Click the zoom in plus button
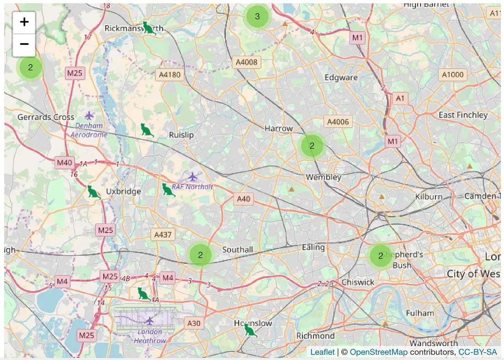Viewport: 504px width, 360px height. (24, 22)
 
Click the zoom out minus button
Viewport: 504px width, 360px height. (24, 44)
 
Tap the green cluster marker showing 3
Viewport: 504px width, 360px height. (257, 16)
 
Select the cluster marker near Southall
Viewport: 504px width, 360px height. (200, 254)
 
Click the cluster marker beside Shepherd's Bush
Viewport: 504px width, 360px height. (380, 256)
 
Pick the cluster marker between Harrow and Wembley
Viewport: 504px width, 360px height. (312, 146)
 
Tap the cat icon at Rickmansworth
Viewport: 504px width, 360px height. (148, 28)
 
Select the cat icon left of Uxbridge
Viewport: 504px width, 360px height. (93, 192)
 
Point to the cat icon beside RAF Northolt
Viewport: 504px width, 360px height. (168, 190)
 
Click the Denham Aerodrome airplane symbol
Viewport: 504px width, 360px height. (89, 115)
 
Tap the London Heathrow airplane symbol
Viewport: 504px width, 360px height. (149, 320)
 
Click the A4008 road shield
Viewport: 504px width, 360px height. (247, 62)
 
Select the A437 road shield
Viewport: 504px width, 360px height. (163, 235)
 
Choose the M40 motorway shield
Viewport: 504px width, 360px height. (65, 162)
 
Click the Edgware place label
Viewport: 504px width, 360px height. (341, 77)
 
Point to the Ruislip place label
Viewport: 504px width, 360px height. (181, 135)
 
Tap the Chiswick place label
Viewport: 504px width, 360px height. (358, 282)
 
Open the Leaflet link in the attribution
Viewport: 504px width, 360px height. (323, 352)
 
